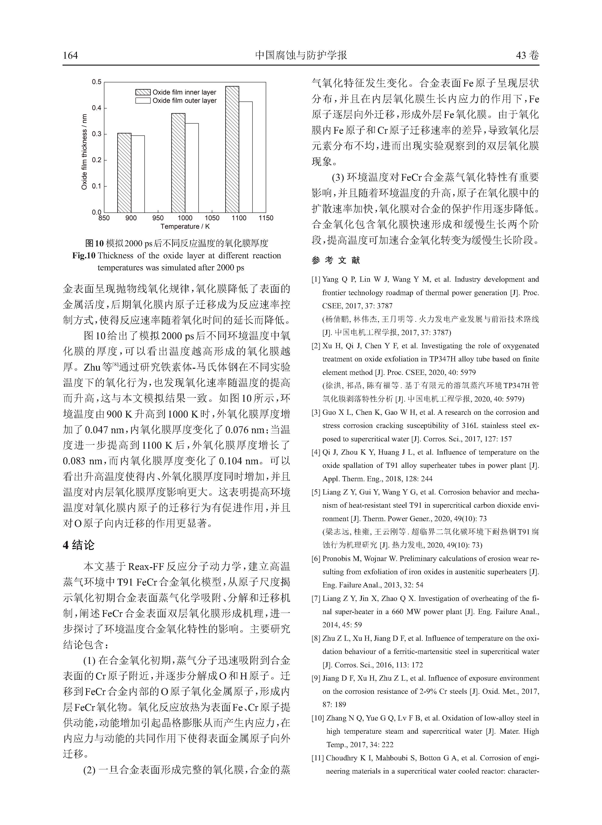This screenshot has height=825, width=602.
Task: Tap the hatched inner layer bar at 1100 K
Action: [x=232, y=149]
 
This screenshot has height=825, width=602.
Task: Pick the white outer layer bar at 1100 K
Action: [x=246, y=157]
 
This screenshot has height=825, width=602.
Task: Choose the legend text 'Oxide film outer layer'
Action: [x=184, y=101]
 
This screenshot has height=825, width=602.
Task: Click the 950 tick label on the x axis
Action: [x=158, y=218]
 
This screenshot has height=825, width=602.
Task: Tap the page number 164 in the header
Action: [x=70, y=55]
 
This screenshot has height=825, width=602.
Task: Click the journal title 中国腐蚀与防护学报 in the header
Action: [x=301, y=55]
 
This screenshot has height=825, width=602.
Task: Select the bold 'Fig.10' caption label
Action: [x=84, y=256]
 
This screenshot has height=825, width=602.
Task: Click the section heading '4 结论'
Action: [x=79, y=545]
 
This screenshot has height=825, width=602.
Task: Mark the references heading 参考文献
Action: [x=336, y=260]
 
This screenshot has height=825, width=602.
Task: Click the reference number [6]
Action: [x=316, y=559]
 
